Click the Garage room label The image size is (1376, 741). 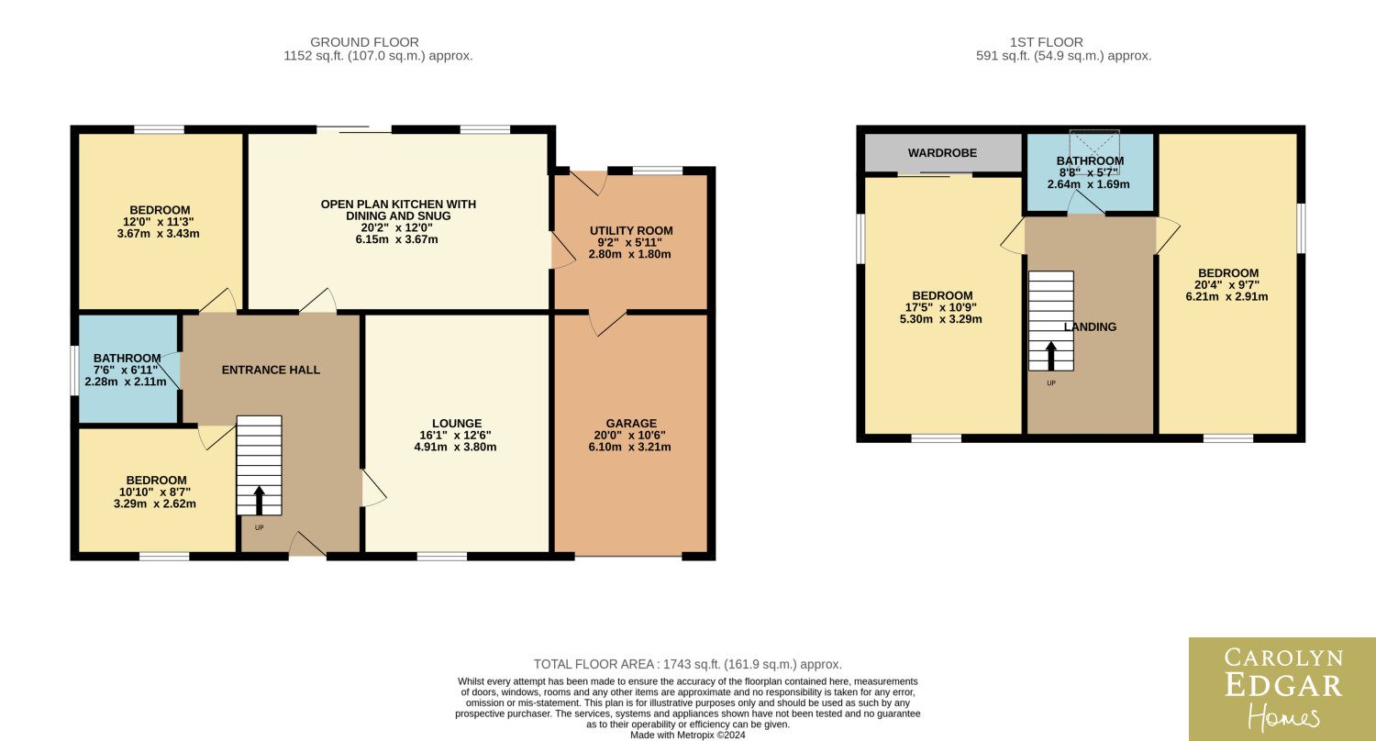pyautogui.click(x=631, y=424)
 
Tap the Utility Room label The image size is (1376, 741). pyautogui.click(x=631, y=231)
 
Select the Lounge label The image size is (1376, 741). pyautogui.click(x=457, y=424)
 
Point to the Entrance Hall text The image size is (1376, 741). pyautogui.click(x=271, y=370)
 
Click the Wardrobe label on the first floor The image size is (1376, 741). pyautogui.click(x=942, y=153)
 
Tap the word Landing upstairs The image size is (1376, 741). pyautogui.click(x=1090, y=326)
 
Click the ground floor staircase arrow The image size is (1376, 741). pyautogui.click(x=260, y=501)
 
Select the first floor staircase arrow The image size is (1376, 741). pyautogui.click(x=1051, y=356)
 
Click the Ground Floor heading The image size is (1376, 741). pyautogui.click(x=364, y=42)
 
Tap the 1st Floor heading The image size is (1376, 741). pyautogui.click(x=1046, y=42)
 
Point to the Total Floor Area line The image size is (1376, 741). pyautogui.click(x=687, y=664)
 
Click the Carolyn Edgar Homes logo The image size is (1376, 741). pyautogui.click(x=1282, y=689)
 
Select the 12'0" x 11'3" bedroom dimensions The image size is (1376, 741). pyautogui.click(x=159, y=227)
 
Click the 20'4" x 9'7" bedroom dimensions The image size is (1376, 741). pyautogui.click(x=1226, y=291)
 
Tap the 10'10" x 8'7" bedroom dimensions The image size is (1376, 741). pyautogui.click(x=155, y=498)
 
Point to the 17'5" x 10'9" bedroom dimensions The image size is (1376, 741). pyautogui.click(x=940, y=313)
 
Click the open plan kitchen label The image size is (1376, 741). pyautogui.click(x=398, y=210)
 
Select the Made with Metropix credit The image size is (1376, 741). pyautogui.click(x=687, y=735)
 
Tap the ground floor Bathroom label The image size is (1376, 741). pyautogui.click(x=128, y=359)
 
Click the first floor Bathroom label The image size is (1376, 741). pyautogui.click(x=1091, y=160)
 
